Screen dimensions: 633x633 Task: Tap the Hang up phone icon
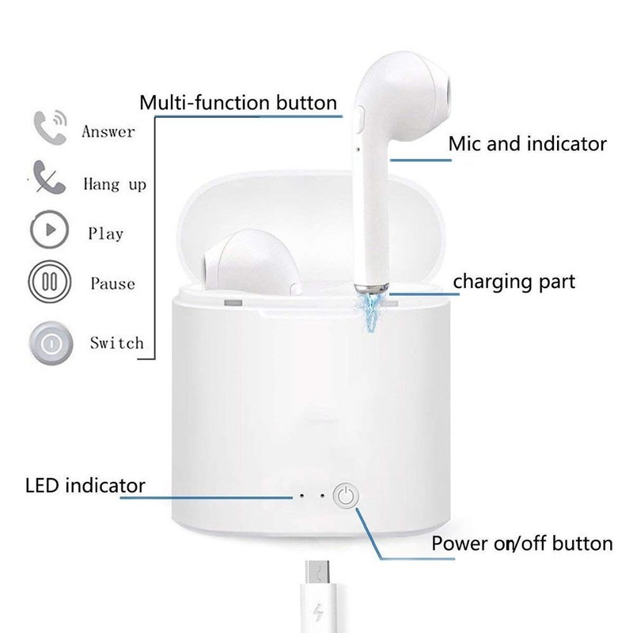47,179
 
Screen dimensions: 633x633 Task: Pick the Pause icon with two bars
47,282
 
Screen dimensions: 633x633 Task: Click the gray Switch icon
48,342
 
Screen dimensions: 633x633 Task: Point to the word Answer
108,131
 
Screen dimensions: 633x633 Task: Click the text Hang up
114,184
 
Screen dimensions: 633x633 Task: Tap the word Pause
112,283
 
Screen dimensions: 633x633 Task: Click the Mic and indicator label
527,144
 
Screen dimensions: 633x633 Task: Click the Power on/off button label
521,544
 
